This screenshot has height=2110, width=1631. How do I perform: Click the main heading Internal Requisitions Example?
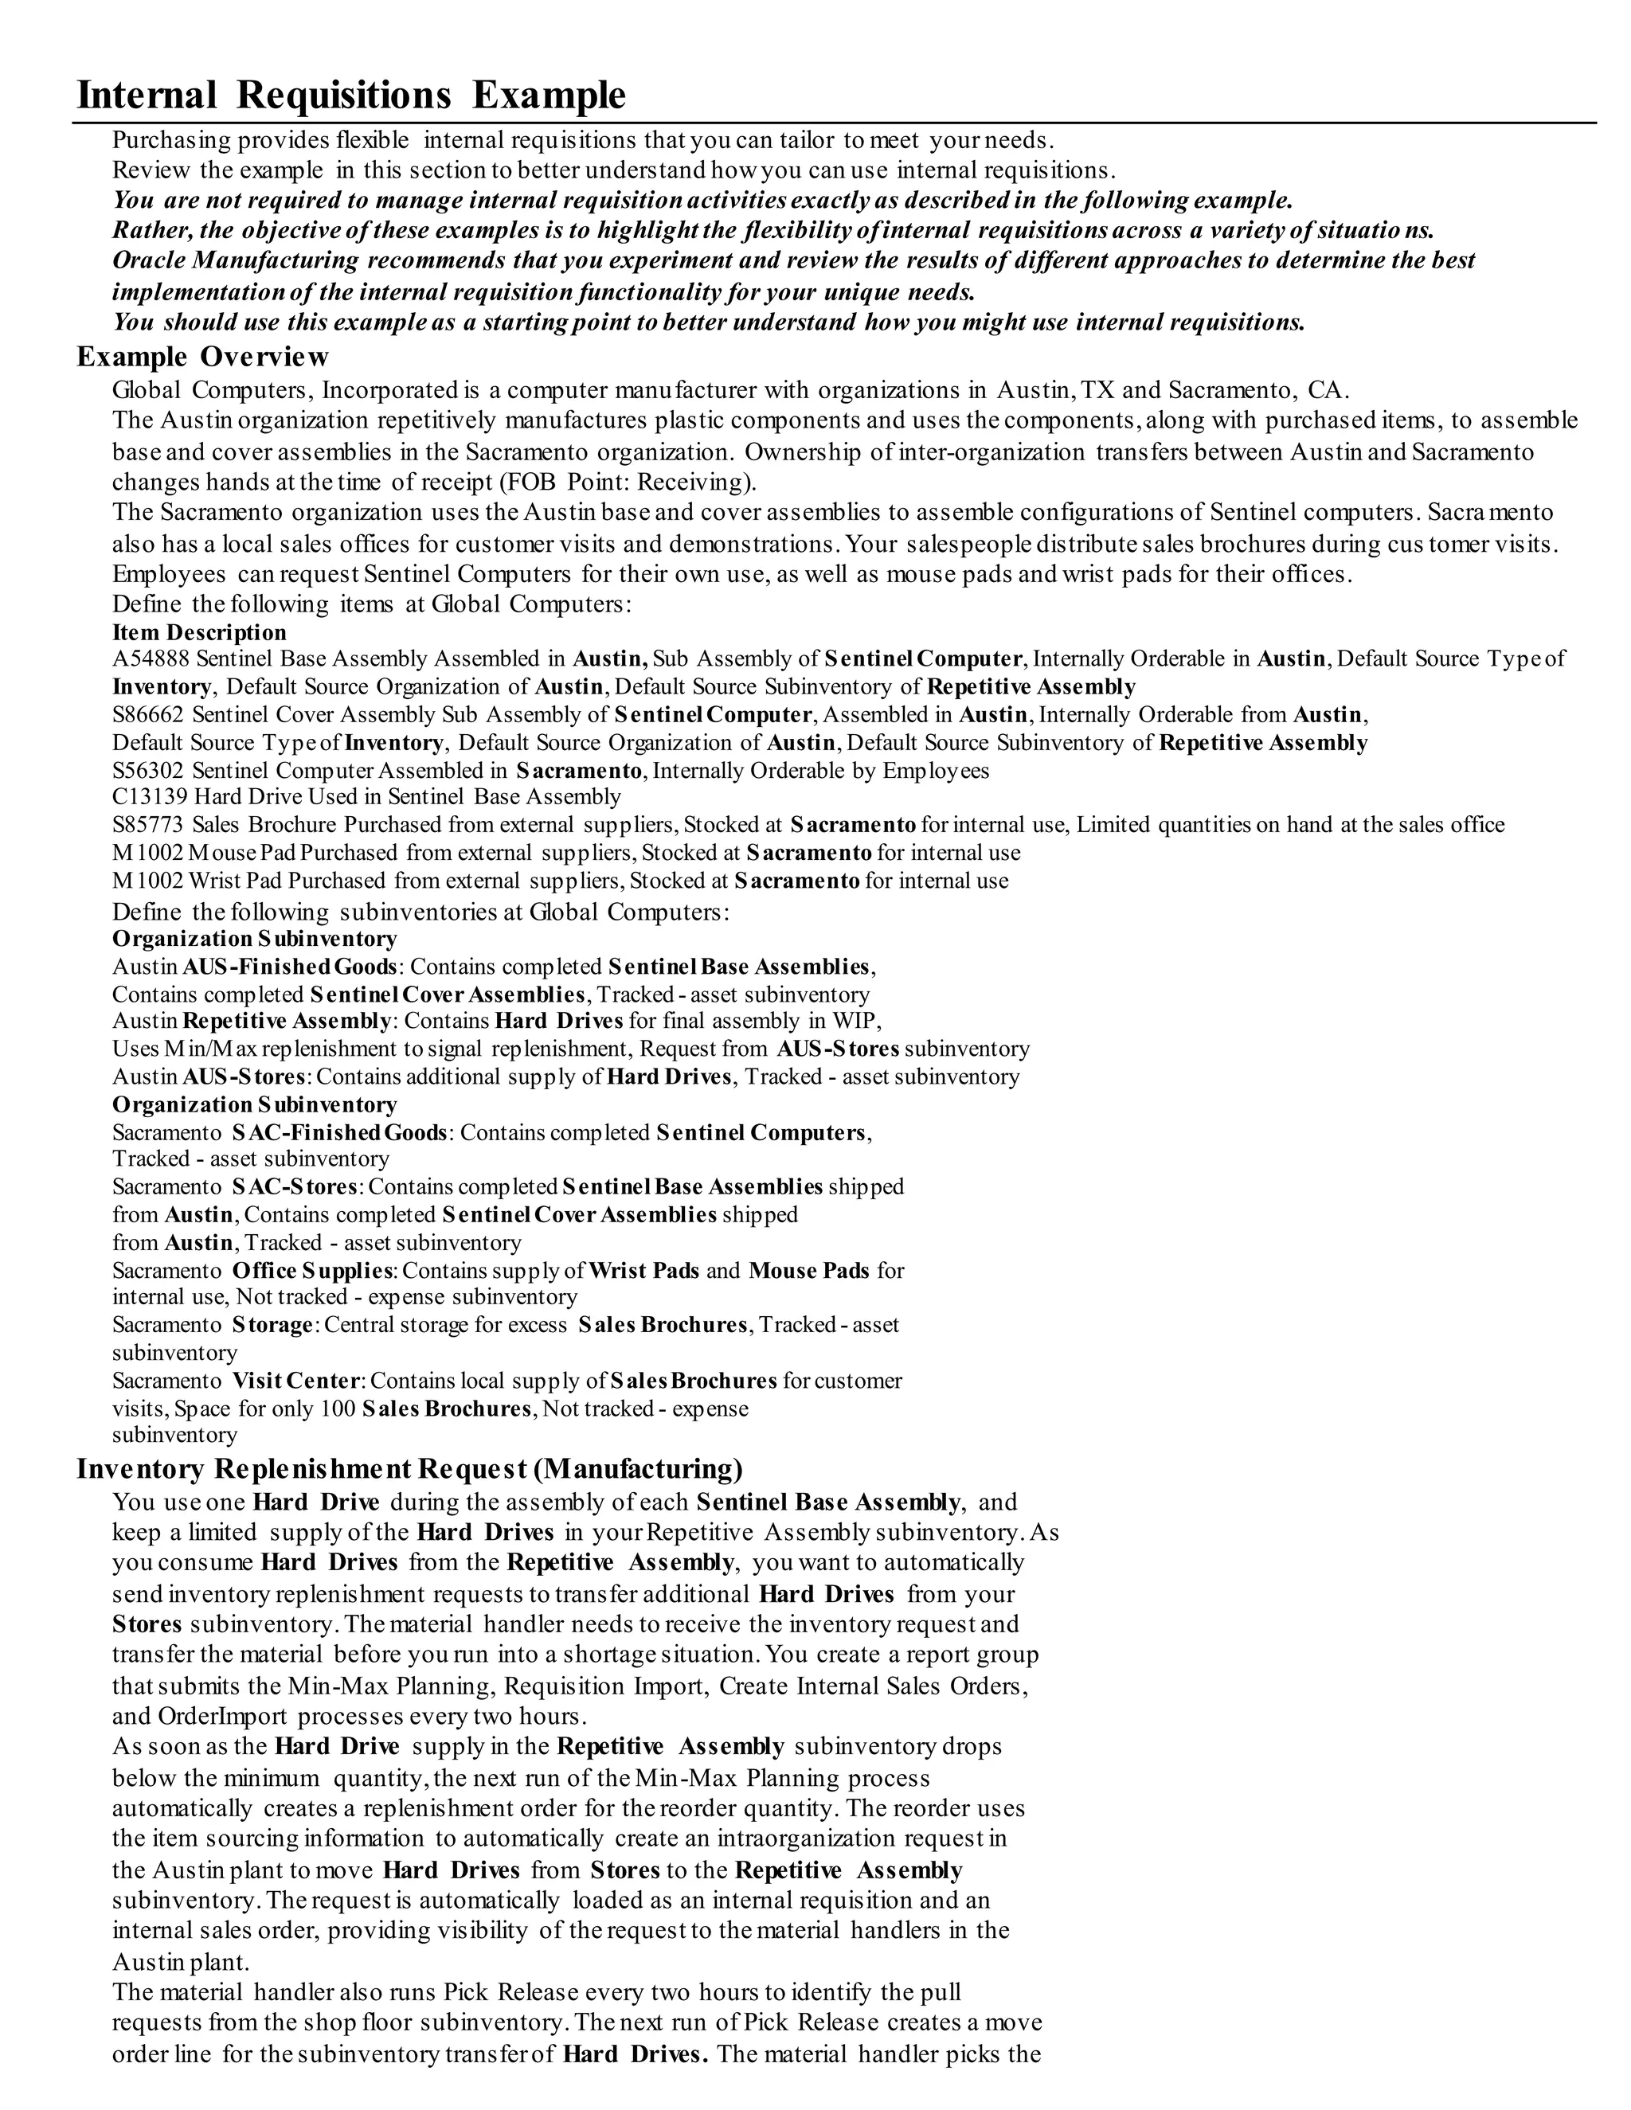[x=350, y=96]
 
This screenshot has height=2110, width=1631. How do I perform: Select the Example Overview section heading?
[x=203, y=357]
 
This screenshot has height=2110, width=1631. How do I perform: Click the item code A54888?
[x=151, y=659]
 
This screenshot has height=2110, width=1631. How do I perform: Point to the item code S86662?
[x=150, y=715]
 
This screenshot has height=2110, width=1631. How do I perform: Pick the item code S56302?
[x=150, y=771]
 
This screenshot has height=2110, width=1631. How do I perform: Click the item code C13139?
[x=151, y=797]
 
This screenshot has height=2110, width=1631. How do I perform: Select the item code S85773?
[x=150, y=825]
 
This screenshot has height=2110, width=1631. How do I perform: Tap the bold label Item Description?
[x=199, y=633]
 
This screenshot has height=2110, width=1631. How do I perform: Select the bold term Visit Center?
[x=295, y=1381]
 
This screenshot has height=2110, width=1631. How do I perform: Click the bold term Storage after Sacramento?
[x=272, y=1325]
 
